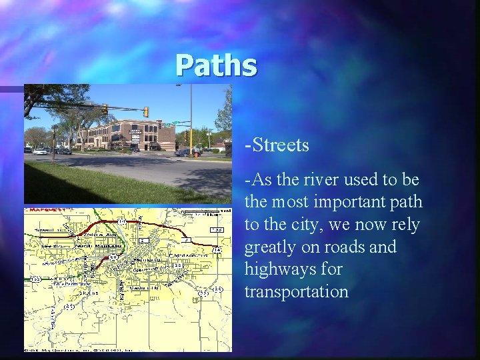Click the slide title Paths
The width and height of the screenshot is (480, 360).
click(216, 66)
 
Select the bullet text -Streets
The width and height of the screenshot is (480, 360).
click(277, 144)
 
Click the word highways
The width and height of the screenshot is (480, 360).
click(277, 270)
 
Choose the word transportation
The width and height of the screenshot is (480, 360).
click(296, 292)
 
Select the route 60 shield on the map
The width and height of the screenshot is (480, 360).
click(114, 257)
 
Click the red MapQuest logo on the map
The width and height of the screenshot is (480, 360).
click(49, 209)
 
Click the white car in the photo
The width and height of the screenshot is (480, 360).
click(40, 151)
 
